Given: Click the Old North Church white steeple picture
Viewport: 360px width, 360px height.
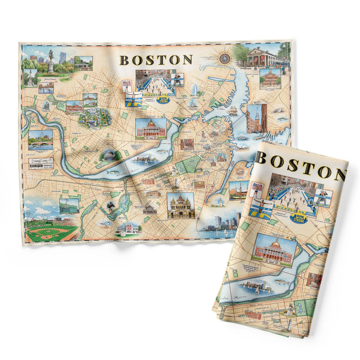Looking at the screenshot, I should click(257, 118).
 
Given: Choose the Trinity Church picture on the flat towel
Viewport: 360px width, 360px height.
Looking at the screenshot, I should click(180, 206).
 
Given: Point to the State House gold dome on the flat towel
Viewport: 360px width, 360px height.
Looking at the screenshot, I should click(151, 123).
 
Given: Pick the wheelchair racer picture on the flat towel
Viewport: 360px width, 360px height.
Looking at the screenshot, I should click(177, 80).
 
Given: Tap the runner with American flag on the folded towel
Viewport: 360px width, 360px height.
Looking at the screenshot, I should click(257, 190).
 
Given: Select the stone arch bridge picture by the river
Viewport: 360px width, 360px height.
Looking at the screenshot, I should click(40, 140).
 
